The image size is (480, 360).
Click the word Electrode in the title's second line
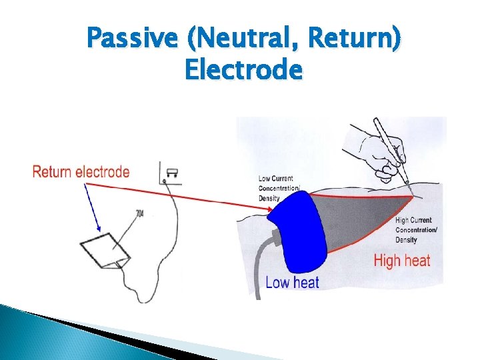point(243,69)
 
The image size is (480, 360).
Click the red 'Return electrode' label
point(81,171)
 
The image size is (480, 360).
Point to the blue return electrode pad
point(297,227)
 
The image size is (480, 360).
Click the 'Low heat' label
point(292,282)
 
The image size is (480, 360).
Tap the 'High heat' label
point(402,261)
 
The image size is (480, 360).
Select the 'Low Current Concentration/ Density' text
point(280,189)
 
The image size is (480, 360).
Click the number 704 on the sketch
point(139,213)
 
